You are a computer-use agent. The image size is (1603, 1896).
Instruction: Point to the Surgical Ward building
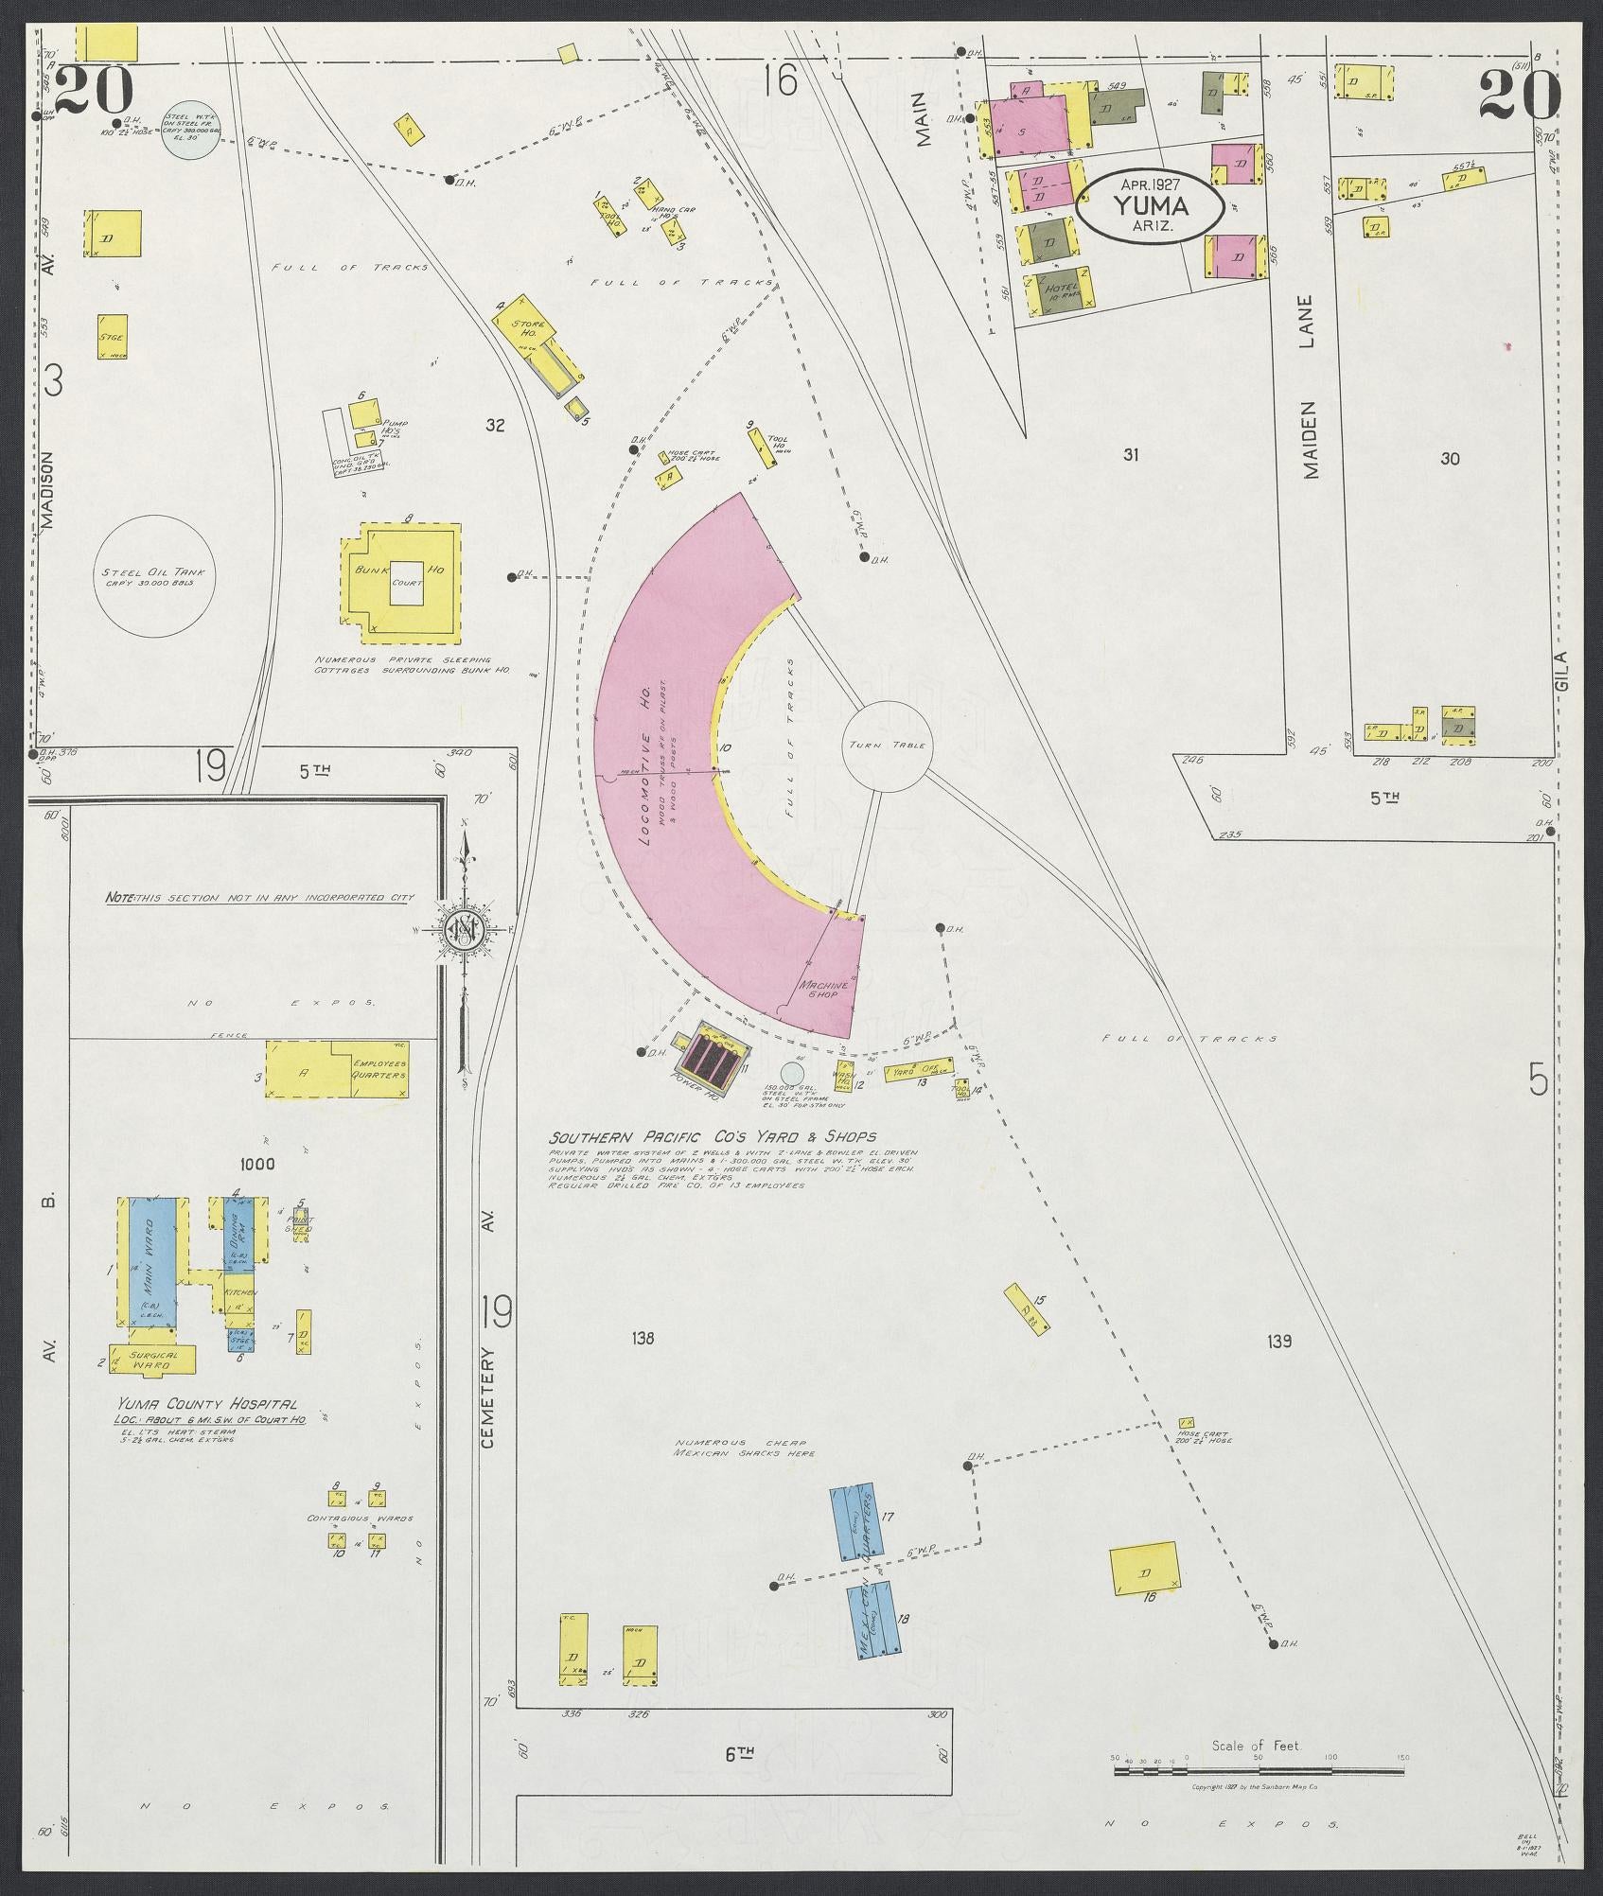[x=152, y=1360]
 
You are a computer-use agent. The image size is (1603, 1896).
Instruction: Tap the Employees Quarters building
[x=336, y=1070]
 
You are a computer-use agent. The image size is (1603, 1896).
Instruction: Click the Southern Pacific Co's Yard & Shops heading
[x=714, y=1137]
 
